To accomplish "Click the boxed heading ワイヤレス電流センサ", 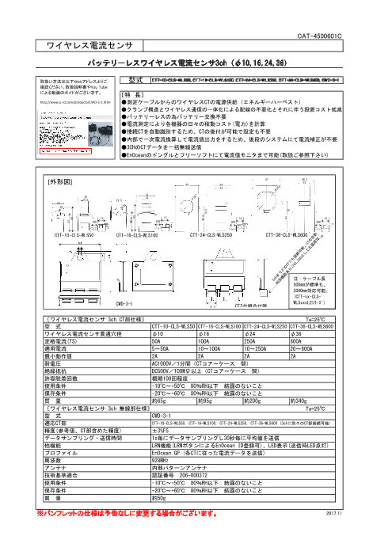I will (x=83, y=48).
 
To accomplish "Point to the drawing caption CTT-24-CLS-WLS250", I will (x=211, y=235).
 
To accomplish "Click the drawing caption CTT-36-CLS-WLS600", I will (x=287, y=235).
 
